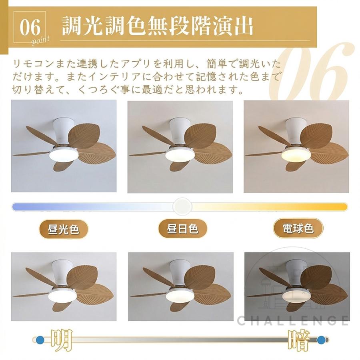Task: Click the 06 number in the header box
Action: click(30, 27)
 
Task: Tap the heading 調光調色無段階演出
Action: click(158, 26)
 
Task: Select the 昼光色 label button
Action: click(64, 229)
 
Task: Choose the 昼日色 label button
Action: click(182, 229)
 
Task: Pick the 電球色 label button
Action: click(298, 228)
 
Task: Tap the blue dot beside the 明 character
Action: click(40, 339)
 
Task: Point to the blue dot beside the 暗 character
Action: click(321, 339)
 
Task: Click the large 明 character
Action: click(62, 340)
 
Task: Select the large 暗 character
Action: click(299, 340)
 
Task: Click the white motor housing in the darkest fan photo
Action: click(296, 272)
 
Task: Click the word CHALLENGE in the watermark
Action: click(292, 320)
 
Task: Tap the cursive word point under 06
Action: click(40, 41)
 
